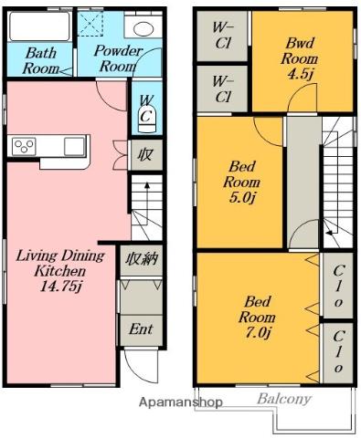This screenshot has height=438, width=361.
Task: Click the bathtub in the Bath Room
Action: tap(39, 26)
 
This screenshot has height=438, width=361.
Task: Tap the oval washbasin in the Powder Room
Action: tap(143, 29)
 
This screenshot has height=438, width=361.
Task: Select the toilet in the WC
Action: tap(147, 119)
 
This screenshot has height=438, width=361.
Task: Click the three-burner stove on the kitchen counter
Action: tap(24, 146)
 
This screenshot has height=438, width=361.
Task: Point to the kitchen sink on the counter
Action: tap(75, 146)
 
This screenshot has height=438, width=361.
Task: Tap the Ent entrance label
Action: tap(141, 329)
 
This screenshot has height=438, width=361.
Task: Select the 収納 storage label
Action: tap(142, 259)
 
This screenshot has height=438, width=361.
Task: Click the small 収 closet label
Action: tap(144, 155)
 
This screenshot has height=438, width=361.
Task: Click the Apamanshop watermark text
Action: tap(180, 402)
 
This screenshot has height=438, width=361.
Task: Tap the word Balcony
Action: tap(284, 399)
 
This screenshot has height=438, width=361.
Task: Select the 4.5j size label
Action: tap(300, 74)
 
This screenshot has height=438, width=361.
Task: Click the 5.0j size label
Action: tap(241, 198)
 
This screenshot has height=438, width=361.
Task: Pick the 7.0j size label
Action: tap(258, 333)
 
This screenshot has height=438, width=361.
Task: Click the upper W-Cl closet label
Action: tap(223, 36)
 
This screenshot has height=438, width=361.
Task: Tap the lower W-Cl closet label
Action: tap(223, 89)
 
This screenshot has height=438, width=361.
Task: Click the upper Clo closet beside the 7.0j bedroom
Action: tap(338, 286)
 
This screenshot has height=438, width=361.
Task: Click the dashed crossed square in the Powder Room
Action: tap(90, 24)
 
